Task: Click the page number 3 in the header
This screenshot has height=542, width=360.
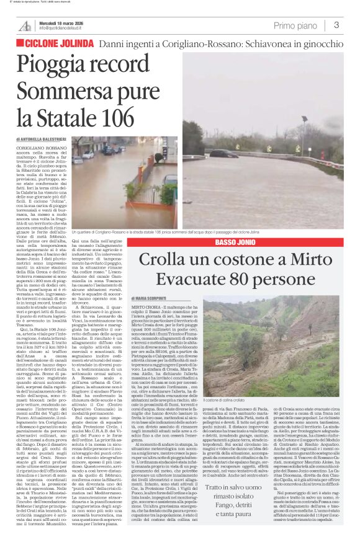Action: click(x=336, y=25)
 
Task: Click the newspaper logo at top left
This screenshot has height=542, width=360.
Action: click(x=25, y=25)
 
